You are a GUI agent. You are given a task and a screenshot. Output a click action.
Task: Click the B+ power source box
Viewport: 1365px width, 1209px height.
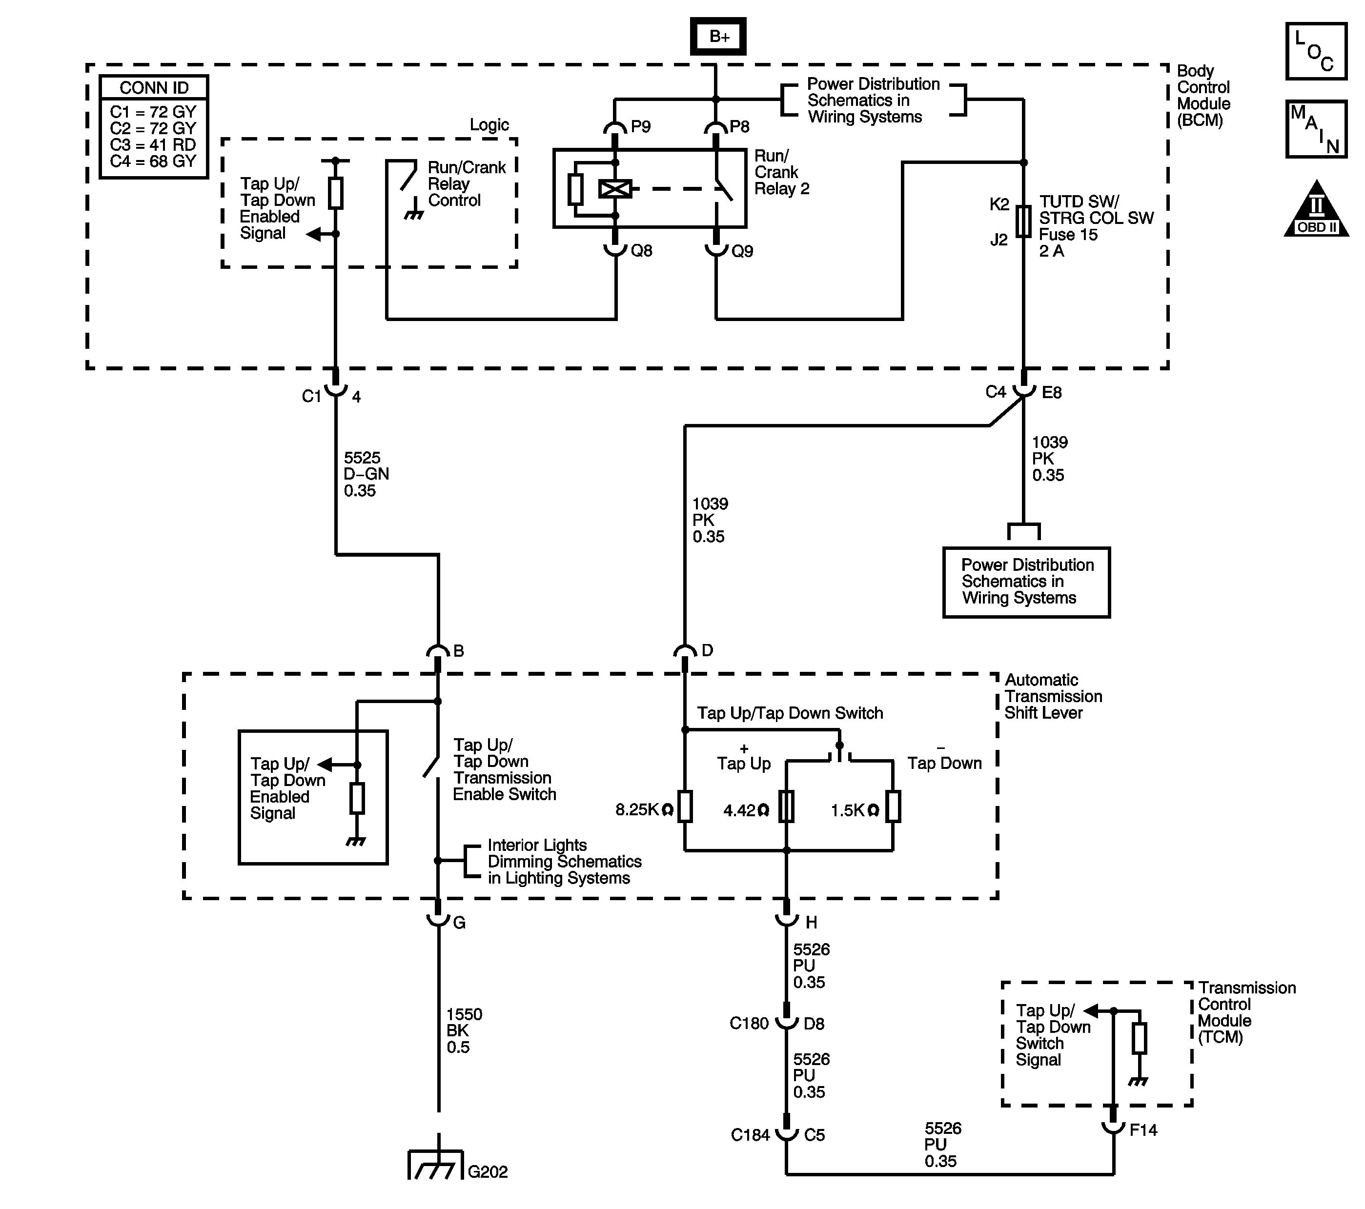(x=718, y=37)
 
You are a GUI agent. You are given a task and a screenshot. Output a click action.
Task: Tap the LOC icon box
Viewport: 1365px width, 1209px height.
(x=1316, y=51)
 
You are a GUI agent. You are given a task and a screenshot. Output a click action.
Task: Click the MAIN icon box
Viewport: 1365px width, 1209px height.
(x=1316, y=129)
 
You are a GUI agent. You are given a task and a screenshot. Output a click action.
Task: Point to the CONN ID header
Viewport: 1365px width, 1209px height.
(x=154, y=87)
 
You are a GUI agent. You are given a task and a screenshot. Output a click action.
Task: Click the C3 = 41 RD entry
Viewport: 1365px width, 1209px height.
(x=153, y=145)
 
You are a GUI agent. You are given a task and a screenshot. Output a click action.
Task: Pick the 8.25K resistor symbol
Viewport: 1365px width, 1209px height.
(x=685, y=806)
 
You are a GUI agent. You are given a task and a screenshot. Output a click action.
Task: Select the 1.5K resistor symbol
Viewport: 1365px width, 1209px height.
(x=893, y=806)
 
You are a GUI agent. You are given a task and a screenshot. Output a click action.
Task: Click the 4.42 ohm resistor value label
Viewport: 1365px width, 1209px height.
(x=746, y=810)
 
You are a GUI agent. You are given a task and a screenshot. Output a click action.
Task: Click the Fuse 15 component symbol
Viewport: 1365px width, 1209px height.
(x=1023, y=221)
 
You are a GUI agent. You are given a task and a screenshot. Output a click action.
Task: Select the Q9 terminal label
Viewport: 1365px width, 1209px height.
(x=742, y=251)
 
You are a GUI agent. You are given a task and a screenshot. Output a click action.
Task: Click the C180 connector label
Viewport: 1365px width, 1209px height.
(x=749, y=1024)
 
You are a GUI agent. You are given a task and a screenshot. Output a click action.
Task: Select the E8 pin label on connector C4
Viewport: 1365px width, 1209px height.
(x=1052, y=393)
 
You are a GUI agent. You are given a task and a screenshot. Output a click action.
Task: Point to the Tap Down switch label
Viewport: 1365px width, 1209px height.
(x=944, y=763)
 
